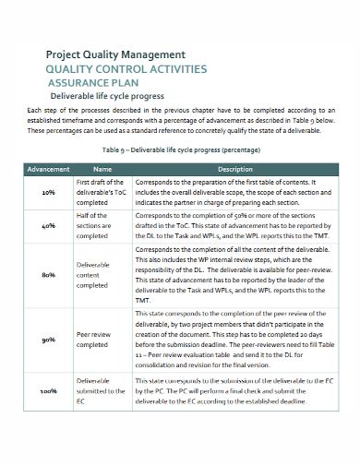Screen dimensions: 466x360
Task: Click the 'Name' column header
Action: coord(102,169)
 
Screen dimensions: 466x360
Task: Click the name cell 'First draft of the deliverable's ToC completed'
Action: coord(102,193)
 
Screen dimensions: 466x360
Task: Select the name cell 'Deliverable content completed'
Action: coord(102,274)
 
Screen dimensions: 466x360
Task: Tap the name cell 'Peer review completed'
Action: coord(102,341)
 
